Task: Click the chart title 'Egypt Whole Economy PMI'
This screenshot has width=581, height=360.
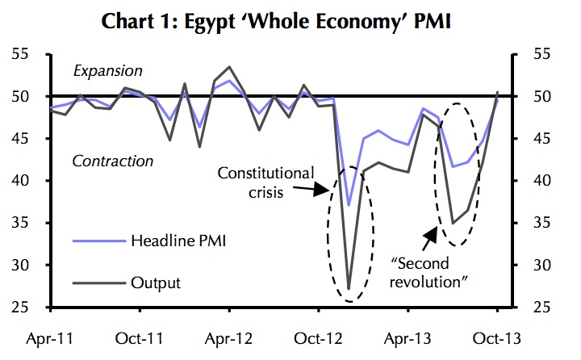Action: [x=290, y=21]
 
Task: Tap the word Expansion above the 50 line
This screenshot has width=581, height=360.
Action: [x=107, y=72]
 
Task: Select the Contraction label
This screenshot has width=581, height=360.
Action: [x=112, y=161]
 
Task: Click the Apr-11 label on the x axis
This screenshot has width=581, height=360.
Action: [x=50, y=338]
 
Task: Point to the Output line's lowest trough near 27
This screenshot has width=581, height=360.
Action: [x=349, y=288]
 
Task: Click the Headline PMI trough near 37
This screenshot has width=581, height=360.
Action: [x=349, y=205]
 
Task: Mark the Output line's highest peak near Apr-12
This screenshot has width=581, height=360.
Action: [x=230, y=67]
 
